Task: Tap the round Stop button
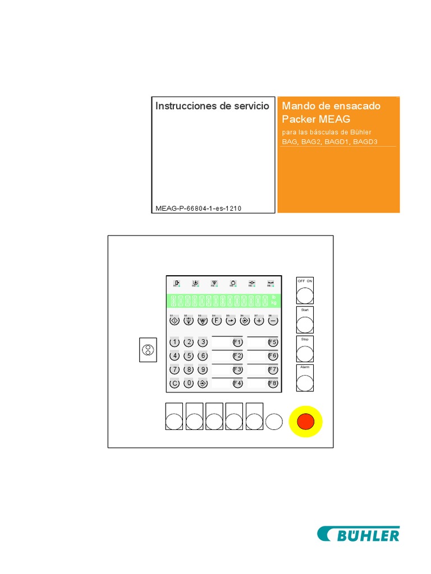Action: coord(305,353)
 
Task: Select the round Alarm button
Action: coord(305,382)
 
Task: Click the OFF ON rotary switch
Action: coord(305,295)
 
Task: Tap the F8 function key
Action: coord(273,383)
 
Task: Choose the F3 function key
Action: coord(237,370)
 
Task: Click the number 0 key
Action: coord(189,383)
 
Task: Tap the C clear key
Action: coord(175,383)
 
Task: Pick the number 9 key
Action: coord(203,370)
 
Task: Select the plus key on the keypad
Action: coord(259,321)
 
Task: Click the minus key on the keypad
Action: coord(273,321)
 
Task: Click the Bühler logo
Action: coord(359,534)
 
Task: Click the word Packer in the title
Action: coord(298,119)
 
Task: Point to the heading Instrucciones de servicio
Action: coord(212,106)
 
